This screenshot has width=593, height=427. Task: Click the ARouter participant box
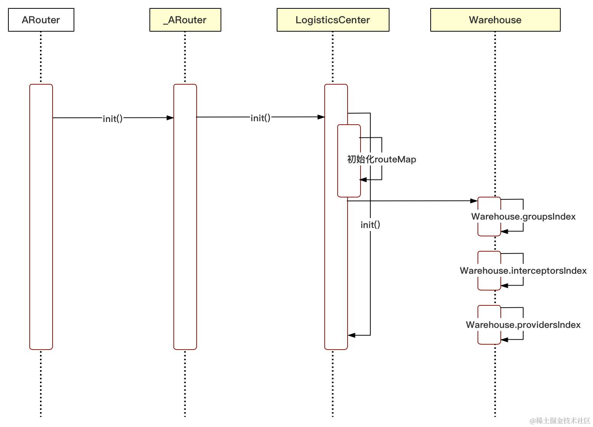tap(41, 20)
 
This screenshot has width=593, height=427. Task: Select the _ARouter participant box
tap(185, 20)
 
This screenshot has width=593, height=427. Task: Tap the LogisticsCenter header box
tap(333, 20)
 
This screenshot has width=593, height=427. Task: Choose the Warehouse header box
tap(495, 20)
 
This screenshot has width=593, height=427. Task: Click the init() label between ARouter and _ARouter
tap(113, 119)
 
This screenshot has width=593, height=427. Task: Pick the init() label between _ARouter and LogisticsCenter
tap(260, 118)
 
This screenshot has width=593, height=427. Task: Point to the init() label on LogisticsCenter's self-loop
tap(370, 225)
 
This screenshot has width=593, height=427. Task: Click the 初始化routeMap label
tap(381, 159)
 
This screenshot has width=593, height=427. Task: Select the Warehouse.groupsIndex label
tap(523, 217)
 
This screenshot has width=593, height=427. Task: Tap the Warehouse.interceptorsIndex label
tap(523, 271)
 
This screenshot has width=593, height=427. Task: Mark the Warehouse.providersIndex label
tap(523, 325)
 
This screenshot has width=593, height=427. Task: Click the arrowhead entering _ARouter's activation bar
tap(170, 118)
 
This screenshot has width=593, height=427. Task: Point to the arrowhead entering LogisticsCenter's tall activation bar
tap(321, 117)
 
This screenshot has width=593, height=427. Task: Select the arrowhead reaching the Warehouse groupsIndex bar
tap(474, 201)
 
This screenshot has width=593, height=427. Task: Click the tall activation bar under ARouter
tap(41, 229)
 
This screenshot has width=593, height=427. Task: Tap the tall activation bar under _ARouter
tap(185, 229)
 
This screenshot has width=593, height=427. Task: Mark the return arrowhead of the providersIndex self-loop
tap(505, 339)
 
